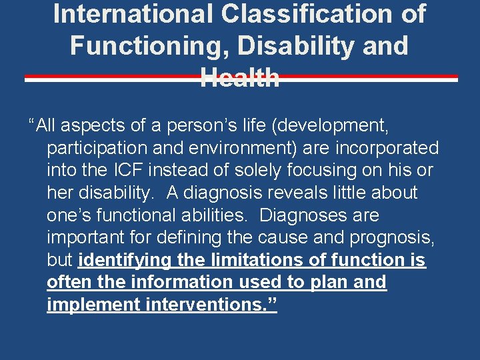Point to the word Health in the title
[x=240, y=78]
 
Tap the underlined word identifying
[x=125, y=261]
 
